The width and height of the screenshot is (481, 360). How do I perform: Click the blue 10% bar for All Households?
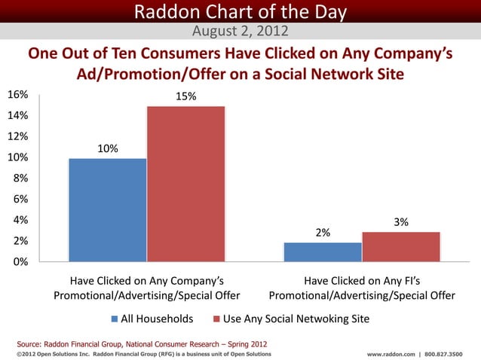coord(107,209)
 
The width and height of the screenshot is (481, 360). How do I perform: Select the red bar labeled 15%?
coord(185,184)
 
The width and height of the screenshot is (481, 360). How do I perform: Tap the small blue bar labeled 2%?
coord(323,252)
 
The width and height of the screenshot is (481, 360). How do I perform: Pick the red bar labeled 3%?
coord(400,246)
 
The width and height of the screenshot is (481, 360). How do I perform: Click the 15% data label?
coord(185,96)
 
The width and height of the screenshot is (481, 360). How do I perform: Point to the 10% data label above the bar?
coord(106,148)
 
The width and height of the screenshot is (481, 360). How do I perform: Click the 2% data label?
coord(323,233)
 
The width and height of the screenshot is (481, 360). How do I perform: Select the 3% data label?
coord(401,222)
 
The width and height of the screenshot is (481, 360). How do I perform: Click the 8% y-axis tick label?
coord(20,178)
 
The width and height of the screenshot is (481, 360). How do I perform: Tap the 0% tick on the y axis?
coord(20,262)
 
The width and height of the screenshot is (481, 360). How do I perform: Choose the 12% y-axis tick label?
coord(18,136)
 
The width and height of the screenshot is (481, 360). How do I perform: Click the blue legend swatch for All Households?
coord(114,319)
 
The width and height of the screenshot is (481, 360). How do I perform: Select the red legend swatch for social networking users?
coord(216,319)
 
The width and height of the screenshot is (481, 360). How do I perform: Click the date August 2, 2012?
coord(239,31)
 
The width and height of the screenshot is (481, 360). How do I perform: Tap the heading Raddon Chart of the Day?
coord(240,12)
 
